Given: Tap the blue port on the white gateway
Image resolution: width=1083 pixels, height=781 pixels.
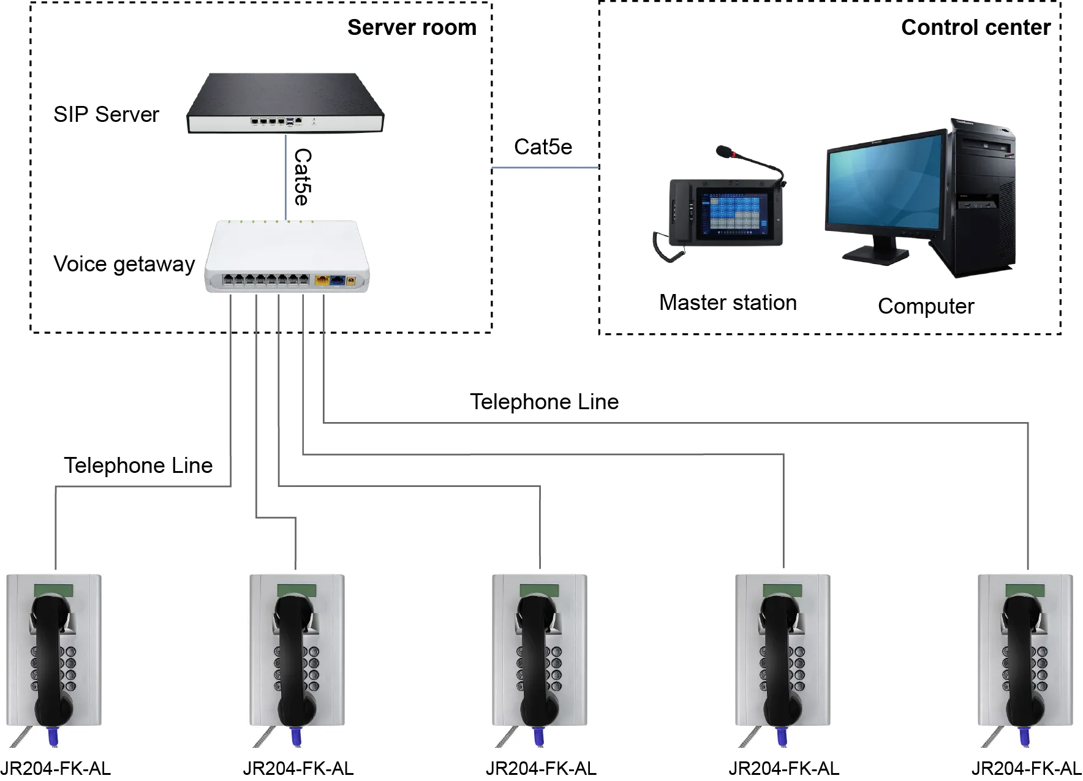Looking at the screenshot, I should tap(338, 281).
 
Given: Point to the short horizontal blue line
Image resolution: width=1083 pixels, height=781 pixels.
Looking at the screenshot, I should tap(545, 168).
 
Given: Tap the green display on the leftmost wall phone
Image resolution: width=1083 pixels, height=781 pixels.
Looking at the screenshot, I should tap(53, 591).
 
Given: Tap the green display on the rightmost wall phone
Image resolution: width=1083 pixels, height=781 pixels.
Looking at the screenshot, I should tap(1025, 591).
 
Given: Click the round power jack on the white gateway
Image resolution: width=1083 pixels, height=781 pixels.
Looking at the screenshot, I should tap(352, 281).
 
